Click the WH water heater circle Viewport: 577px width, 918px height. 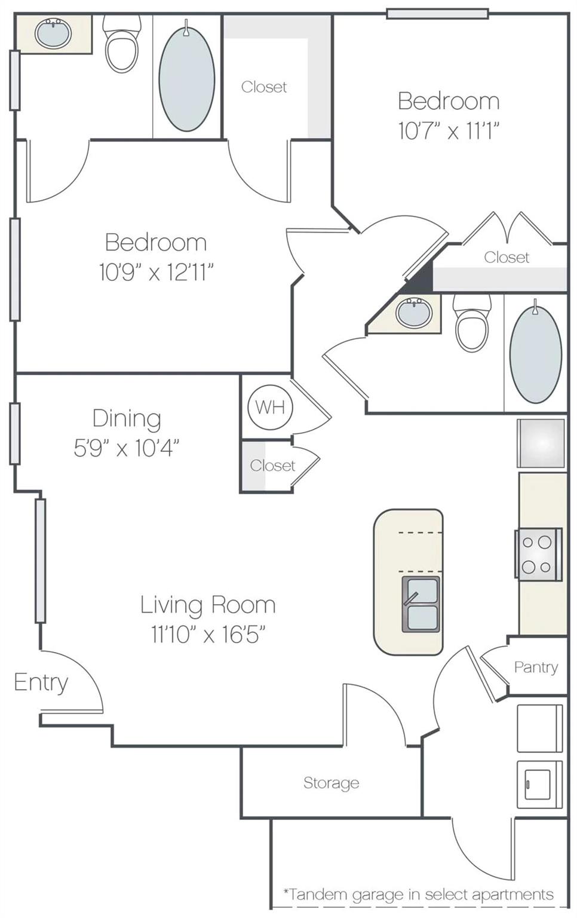269,408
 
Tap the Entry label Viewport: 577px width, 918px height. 41,683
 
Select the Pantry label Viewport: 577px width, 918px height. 536,667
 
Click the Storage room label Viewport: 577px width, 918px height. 331,783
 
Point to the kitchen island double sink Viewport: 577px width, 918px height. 421,604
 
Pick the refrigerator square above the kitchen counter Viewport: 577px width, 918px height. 541,443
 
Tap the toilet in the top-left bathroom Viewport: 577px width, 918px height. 122,45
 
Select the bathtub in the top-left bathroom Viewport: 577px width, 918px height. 187,78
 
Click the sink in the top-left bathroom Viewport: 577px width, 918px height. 53,33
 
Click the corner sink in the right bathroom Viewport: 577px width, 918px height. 414,313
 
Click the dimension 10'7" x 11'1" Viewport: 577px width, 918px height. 449,130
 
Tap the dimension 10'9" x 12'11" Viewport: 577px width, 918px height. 156,273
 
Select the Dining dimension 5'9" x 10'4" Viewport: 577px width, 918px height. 126,448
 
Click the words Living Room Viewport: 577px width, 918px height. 208,605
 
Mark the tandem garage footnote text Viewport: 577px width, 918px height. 418,895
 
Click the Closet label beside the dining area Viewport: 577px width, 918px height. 272,466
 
